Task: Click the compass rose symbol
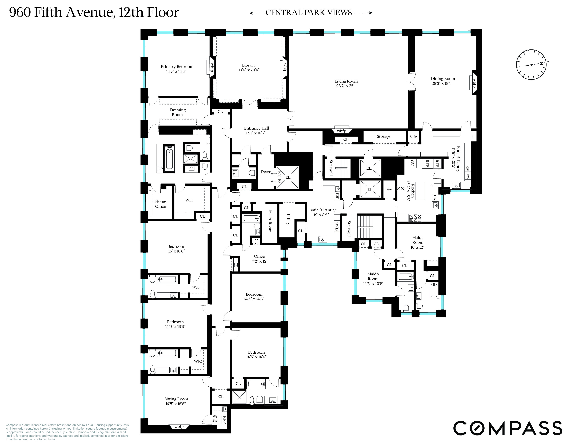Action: tap(531, 64)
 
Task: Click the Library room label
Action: tap(248, 65)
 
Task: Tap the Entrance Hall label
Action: tap(256, 128)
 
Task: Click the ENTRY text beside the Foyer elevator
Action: tap(279, 177)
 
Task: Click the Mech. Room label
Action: tap(269, 221)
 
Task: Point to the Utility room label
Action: tap(288, 220)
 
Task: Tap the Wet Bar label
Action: tap(215, 418)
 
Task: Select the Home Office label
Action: tap(160, 204)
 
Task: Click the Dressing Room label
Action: tap(178, 112)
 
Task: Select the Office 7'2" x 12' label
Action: tap(259, 259)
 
